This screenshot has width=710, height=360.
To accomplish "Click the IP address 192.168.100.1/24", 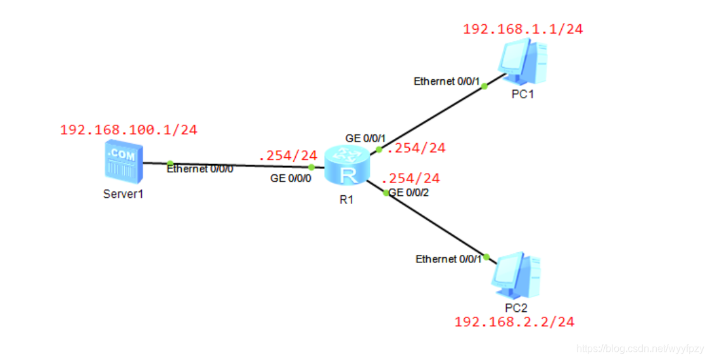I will [129, 130].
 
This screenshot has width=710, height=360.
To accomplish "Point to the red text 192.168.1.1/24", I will [523, 29].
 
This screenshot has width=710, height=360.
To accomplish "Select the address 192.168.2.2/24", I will [514, 322].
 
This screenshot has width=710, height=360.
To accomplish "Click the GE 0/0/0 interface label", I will [291, 179].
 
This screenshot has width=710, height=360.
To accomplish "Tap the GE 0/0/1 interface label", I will [365, 138].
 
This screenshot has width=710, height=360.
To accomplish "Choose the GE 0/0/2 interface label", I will [409, 192].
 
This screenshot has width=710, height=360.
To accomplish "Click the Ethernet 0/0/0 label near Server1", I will [200, 169].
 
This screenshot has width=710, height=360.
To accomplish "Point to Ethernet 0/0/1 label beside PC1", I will [447, 81].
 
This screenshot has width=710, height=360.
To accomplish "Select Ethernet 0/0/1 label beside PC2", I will [449, 259].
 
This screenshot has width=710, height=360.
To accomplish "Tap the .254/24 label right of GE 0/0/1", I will [416, 148].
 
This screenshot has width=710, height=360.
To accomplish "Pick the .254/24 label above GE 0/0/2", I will [410, 178].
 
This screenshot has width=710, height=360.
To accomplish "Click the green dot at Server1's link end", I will [170, 164].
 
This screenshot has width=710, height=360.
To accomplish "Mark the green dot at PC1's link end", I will [485, 86].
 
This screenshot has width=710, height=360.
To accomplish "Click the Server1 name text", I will [124, 194].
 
